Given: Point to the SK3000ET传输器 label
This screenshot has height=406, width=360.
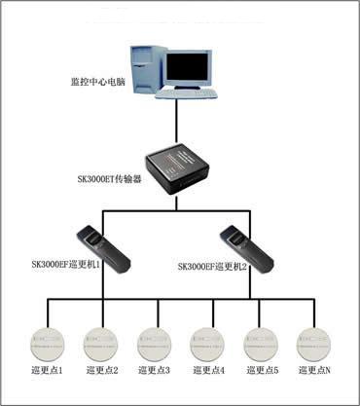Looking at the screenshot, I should click(x=109, y=180).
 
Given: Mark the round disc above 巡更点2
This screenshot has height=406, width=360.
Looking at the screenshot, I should click(x=99, y=342).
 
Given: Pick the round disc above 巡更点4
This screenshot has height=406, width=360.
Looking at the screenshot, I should click(x=207, y=342).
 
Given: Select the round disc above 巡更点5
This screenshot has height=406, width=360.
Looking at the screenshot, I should click(x=260, y=342).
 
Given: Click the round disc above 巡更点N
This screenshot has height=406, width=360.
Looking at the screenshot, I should click(x=313, y=342).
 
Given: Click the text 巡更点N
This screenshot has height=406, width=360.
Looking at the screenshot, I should click(x=315, y=371).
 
